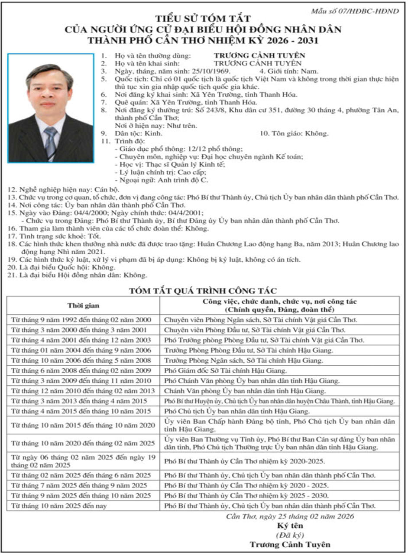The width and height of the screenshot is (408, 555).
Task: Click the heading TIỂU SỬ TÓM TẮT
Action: pyautogui.click(x=203, y=19)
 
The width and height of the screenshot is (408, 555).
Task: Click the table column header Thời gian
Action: pyautogui.click(x=83, y=305)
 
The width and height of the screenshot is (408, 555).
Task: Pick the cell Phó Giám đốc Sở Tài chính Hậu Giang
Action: pyautogui.click(x=225, y=370)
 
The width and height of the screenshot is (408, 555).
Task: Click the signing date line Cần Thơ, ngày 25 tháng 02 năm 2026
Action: pyautogui.click(x=290, y=516)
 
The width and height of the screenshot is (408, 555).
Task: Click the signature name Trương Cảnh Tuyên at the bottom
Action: pyautogui.click(x=290, y=544)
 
